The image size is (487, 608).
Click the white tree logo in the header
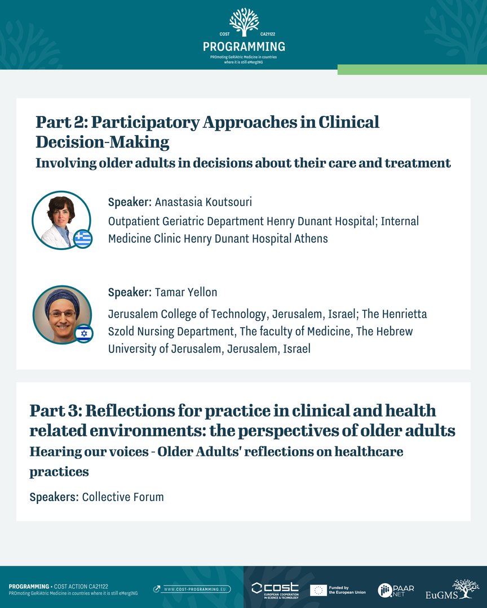click(x=243, y=22)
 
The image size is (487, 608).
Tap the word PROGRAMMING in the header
click(x=243, y=46)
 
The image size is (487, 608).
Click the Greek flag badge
click(x=82, y=239)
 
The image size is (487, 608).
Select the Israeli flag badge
click(x=84, y=333)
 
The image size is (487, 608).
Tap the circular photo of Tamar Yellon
click(x=61, y=314)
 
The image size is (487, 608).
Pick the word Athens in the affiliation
click(x=311, y=238)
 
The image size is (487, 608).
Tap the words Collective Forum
click(x=123, y=497)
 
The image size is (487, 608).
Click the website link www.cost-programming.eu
click(x=193, y=589)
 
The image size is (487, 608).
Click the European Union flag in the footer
click(x=318, y=590)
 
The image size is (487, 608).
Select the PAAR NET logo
click(x=396, y=590)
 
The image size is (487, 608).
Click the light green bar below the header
click(x=412, y=69)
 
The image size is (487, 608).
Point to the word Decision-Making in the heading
click(x=103, y=142)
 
